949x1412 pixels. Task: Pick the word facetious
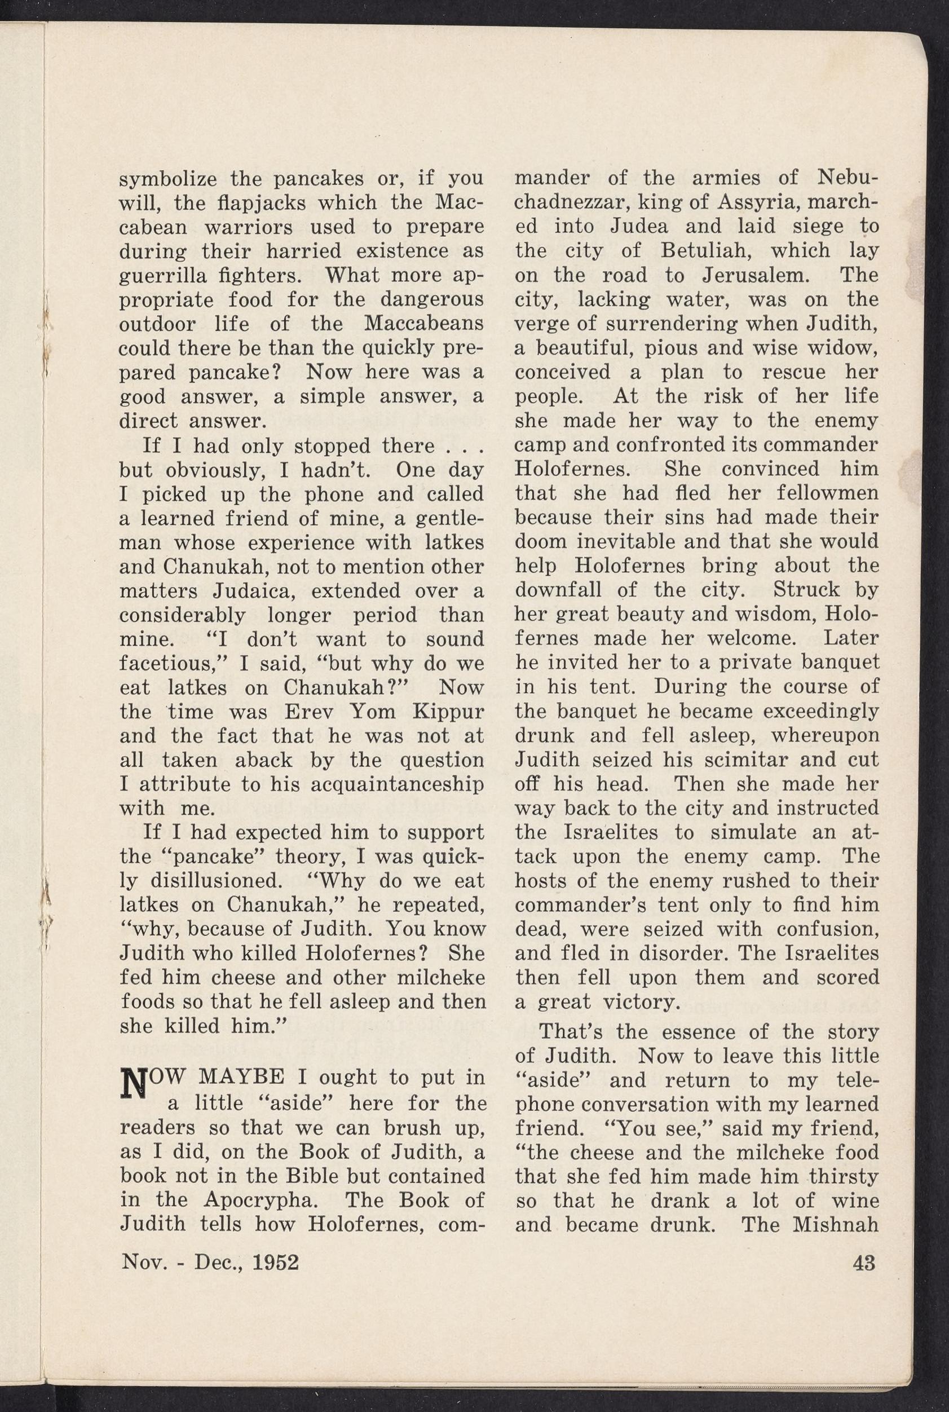[167, 664]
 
